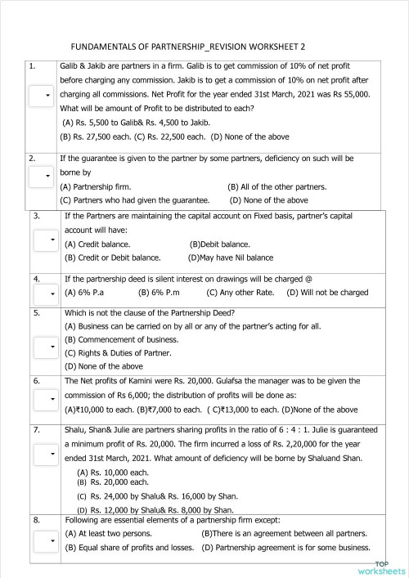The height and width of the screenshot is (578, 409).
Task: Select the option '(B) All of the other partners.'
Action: click(x=276, y=186)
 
